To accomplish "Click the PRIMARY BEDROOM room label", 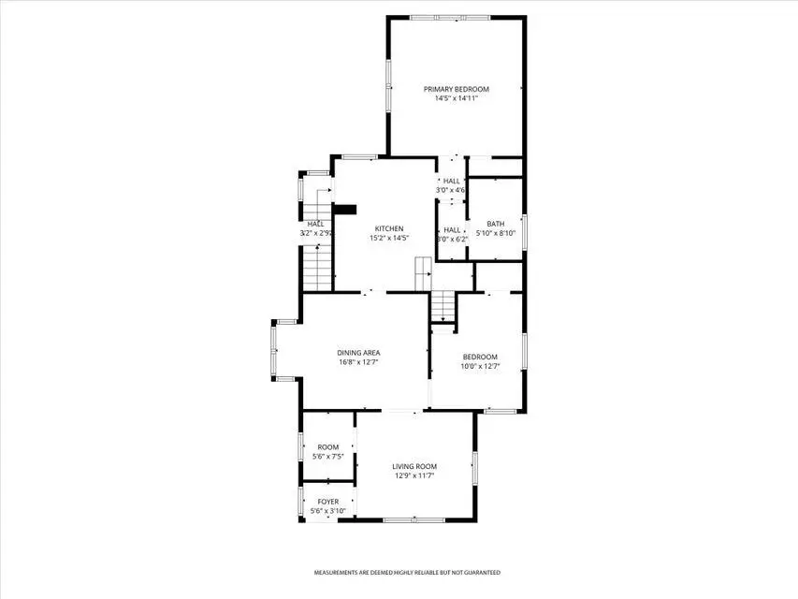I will click(x=456, y=90).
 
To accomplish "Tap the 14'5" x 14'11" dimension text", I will click(x=456, y=99).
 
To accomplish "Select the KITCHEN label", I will click(x=389, y=229).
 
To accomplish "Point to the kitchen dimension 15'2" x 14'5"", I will click(x=389, y=239).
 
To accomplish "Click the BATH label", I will click(x=495, y=224).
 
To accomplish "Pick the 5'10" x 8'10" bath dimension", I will click(x=496, y=233).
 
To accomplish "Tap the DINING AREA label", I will click(x=358, y=353).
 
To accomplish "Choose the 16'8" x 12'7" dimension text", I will click(x=358, y=362).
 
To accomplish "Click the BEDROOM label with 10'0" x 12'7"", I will click(x=481, y=357).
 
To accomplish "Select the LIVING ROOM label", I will click(x=414, y=466).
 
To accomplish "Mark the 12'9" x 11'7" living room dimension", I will click(x=414, y=475).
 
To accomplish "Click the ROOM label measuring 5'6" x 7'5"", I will click(x=327, y=447).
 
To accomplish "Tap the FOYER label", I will click(x=327, y=502).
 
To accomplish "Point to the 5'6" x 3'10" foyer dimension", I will click(x=328, y=511).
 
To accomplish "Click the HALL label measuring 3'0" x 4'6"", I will click(x=452, y=181).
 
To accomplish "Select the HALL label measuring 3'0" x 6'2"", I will click(x=452, y=229).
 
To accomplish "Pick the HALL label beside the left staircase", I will click(x=315, y=224).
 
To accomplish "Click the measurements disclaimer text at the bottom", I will click(x=406, y=572).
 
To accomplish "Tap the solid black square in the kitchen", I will click(x=345, y=211).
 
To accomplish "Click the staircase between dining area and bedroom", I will click(x=442, y=307).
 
